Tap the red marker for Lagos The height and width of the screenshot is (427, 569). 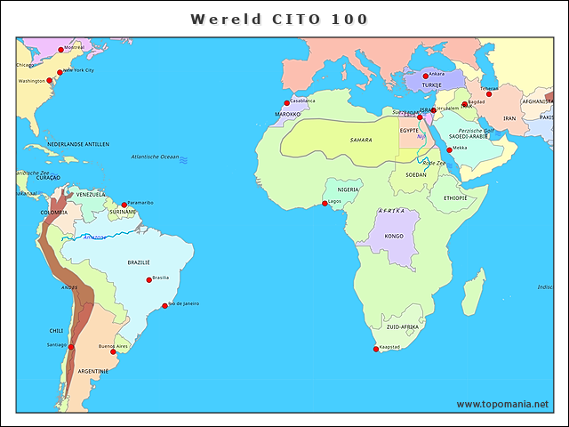click(325, 204)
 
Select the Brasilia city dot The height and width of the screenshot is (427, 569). click(148, 280)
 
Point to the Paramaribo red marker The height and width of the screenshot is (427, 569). click(124, 205)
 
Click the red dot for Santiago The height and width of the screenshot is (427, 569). click(70, 347)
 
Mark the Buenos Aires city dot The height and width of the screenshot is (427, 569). click(113, 351)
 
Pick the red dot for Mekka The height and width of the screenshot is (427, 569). click(449, 150)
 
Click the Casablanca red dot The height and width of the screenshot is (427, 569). click(286, 103)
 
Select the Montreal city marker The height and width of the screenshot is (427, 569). click(60, 50)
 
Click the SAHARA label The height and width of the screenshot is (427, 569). click(361, 140)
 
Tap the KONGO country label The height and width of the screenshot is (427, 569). click(394, 237)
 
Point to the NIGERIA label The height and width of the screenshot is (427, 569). click(348, 189)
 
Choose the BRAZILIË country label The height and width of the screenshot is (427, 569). click(139, 262)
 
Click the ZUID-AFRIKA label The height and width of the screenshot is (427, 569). click(402, 327)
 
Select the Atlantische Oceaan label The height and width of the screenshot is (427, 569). click(155, 157)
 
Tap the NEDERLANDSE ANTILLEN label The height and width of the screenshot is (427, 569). click(78, 144)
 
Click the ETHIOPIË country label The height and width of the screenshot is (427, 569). click(449, 197)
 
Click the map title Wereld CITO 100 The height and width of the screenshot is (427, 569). click(279, 19)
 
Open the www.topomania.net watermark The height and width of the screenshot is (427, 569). click(502, 404)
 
